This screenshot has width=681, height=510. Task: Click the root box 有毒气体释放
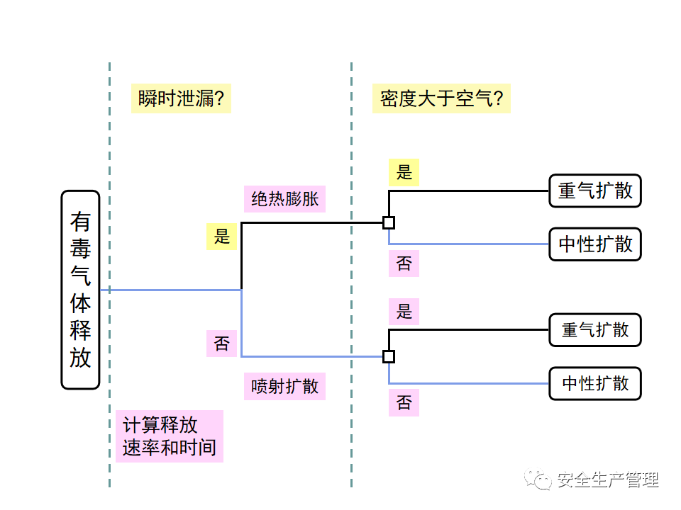pos(80,290)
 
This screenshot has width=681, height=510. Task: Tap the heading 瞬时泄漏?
pos(182,98)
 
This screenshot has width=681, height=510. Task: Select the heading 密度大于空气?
pos(441,98)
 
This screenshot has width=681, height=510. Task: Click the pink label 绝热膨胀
pos(284,198)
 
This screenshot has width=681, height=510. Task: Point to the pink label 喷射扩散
pos(284,386)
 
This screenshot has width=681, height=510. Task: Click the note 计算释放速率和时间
pos(170,436)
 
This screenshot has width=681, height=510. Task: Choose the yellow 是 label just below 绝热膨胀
pos(222,237)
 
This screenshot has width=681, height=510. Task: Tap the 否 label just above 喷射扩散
pos(222,344)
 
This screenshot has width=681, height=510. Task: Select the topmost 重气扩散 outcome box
pos(594,191)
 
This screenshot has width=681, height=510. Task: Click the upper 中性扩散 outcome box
pos(594,244)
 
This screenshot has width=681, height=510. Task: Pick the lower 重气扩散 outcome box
pos(594,330)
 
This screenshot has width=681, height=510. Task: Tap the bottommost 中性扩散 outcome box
pos(594,384)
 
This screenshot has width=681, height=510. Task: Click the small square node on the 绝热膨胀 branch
pos(389,222)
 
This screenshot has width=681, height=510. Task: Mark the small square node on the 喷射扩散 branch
pos(389,356)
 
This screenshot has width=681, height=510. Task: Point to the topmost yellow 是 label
pos(404,172)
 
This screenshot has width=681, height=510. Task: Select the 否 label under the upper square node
pos(404,263)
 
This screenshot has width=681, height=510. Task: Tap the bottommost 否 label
pos(404,403)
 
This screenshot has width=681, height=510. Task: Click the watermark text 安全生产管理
pos(608,480)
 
